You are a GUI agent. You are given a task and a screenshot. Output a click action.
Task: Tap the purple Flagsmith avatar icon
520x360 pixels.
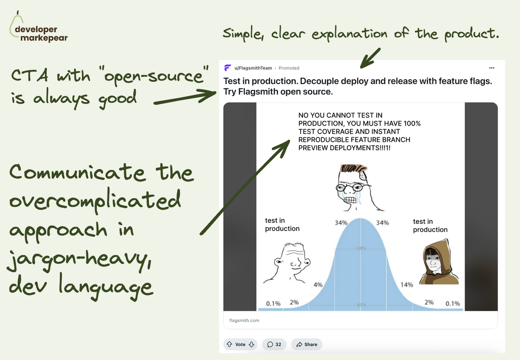227,68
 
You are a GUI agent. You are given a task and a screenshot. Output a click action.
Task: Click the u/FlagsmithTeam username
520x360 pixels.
253,68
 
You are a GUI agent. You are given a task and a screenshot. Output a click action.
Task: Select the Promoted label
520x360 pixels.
289,68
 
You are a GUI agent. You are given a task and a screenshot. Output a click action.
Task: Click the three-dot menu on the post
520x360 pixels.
491,68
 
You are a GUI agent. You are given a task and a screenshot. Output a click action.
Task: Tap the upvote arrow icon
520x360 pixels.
229,344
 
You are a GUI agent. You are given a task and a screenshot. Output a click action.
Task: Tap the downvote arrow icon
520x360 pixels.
252,344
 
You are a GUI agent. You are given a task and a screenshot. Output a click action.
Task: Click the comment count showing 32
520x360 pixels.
274,344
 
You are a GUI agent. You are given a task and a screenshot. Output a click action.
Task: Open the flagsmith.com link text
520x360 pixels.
244,320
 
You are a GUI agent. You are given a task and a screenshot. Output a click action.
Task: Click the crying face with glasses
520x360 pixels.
353,187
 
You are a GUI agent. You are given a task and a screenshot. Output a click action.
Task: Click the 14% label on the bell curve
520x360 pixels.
407,285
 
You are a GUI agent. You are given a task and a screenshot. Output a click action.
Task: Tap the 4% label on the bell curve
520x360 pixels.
318,285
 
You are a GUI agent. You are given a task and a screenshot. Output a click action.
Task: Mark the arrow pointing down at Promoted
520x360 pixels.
370,58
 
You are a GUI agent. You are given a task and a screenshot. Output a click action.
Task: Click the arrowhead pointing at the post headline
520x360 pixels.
207,95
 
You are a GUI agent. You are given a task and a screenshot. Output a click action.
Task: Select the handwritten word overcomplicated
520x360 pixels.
95,201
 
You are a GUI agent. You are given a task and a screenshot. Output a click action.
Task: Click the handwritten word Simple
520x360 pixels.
243,34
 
